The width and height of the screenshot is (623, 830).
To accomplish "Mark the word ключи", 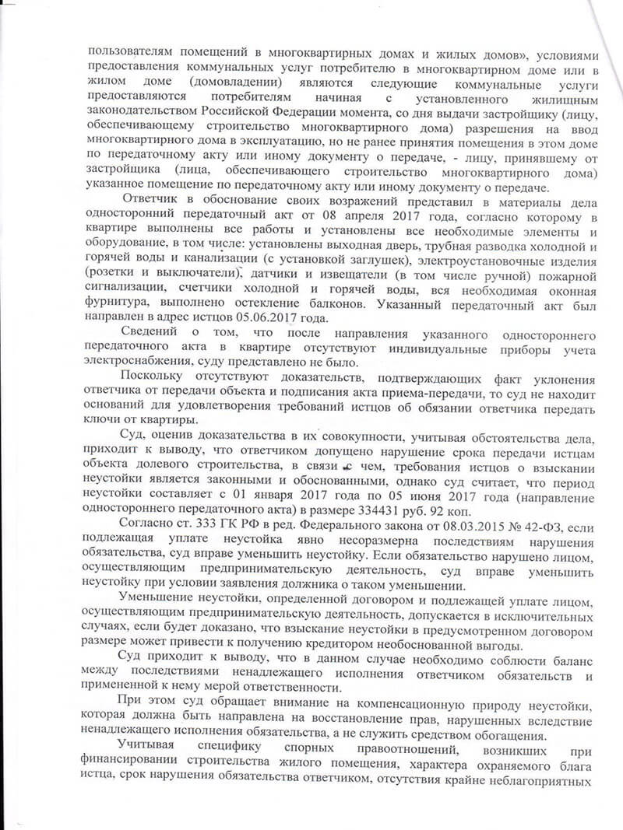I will (x=107, y=419).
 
